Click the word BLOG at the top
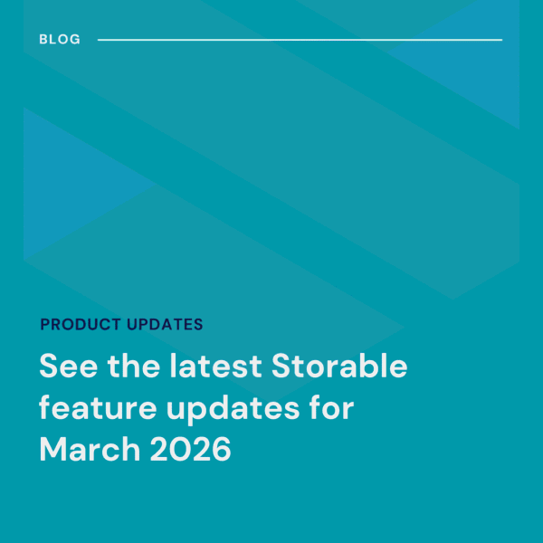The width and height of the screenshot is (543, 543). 60,40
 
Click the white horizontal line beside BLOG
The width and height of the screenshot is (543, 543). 299,40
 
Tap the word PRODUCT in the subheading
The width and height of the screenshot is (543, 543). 80,324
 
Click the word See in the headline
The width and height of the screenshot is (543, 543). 65,368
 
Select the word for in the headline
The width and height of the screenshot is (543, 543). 329,409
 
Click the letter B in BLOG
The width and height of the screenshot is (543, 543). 44,40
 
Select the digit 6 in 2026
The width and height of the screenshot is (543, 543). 220,450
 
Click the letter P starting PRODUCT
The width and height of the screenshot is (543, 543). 45,324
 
